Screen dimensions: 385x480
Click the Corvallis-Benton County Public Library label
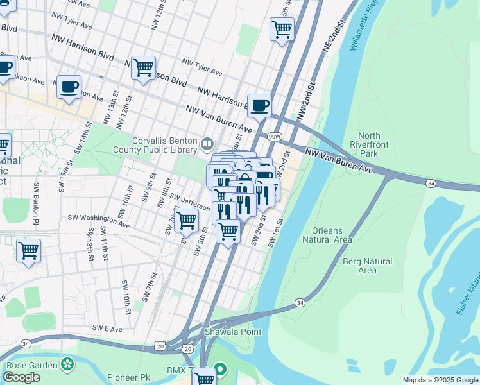(x=164, y=145)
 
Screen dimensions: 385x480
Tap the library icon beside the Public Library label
(x=207, y=142)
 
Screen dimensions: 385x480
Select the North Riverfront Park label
(x=369, y=144)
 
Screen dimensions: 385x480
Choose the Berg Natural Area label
(x=367, y=266)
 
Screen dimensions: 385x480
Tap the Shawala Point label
(x=224, y=332)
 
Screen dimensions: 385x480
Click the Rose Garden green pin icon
(x=67, y=365)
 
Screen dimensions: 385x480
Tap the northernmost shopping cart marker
(x=282, y=29)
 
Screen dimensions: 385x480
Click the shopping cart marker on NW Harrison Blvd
(x=143, y=67)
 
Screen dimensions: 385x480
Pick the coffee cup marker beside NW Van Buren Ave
(x=259, y=105)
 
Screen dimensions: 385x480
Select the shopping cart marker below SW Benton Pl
(x=28, y=250)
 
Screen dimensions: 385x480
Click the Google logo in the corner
(x=21, y=377)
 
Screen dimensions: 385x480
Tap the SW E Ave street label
(x=107, y=328)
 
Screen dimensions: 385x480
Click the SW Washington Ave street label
(x=99, y=222)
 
